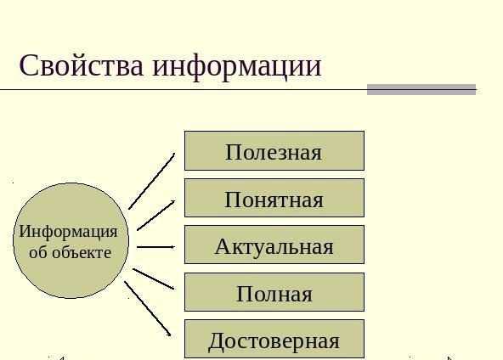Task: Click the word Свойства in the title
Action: (x=82, y=65)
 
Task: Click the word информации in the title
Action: (x=237, y=68)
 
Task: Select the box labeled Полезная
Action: (x=274, y=150)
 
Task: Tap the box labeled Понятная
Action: (x=274, y=198)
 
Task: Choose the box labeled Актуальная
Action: (x=274, y=245)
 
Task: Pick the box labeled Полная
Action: (x=274, y=292)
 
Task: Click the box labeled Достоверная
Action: (x=274, y=339)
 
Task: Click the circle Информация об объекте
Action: (x=71, y=241)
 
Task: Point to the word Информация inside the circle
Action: (x=68, y=232)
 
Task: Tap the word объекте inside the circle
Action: (x=82, y=252)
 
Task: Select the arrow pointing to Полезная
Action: (x=152, y=181)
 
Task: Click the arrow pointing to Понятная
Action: (x=155, y=216)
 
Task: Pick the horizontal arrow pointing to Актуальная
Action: (x=155, y=247)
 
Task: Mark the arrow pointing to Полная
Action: (x=154, y=278)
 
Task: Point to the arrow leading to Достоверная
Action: (x=148, y=309)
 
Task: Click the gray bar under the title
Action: (x=421, y=90)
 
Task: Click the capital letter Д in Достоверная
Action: (x=217, y=341)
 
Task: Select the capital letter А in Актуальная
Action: (x=223, y=246)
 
